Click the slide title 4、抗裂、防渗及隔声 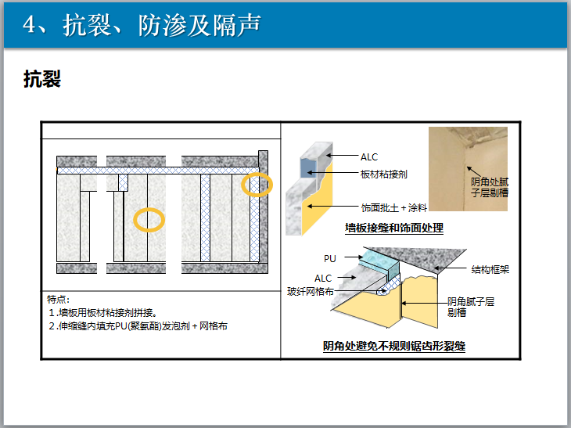coord(142,25)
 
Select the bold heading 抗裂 coord(42,79)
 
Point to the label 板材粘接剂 coord(384,174)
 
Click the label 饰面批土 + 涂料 coord(394,208)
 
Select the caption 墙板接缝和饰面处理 coord(394,228)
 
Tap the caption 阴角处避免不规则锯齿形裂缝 coord(394,346)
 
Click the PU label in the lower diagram coord(330,259)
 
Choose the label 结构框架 coord(490,269)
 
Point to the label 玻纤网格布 coord(311,291)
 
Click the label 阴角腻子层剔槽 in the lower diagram coord(471,307)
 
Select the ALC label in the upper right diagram coord(369,157)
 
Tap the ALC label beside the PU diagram coord(323,279)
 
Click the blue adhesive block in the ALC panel coord(308,167)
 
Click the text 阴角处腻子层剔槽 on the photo coord(490,187)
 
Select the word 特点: coord(58,300)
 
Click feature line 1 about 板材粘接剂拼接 coord(103,312)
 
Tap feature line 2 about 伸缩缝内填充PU coord(138,325)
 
